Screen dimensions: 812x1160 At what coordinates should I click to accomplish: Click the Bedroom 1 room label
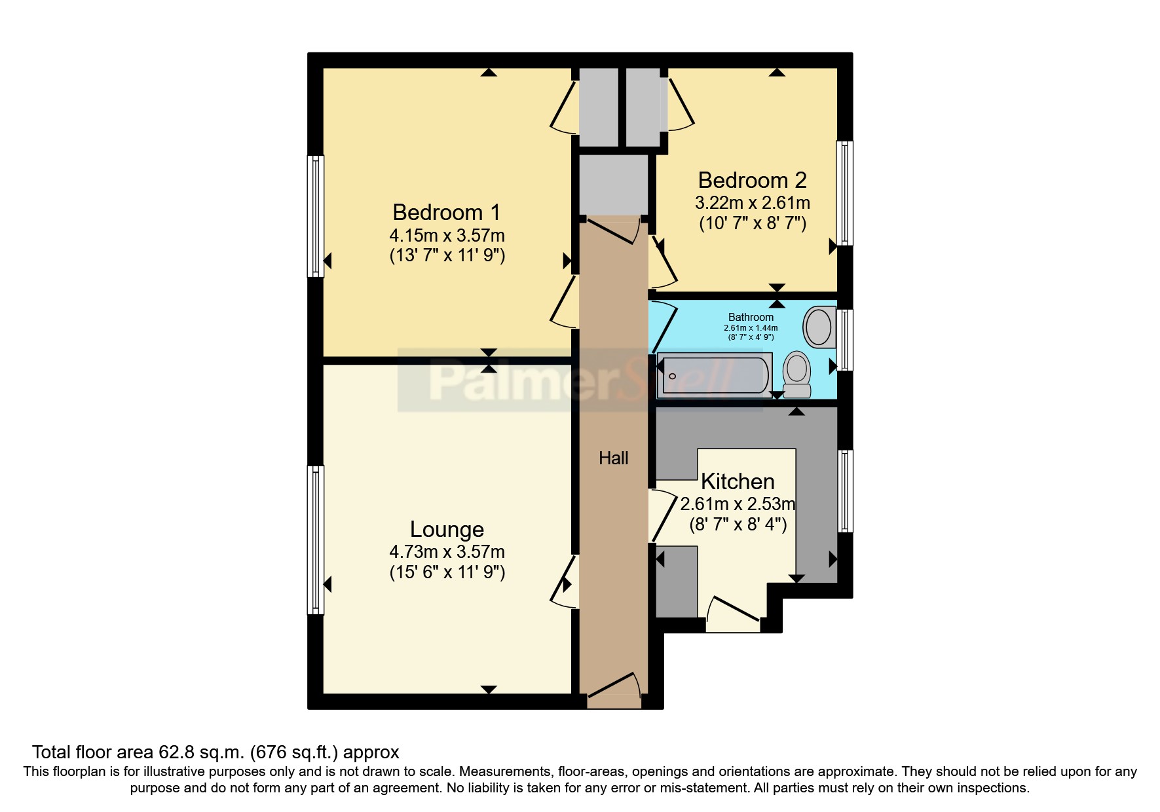click(446, 212)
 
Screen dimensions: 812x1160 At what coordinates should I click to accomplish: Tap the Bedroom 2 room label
click(752, 180)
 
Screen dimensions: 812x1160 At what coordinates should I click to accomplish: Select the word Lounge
click(447, 529)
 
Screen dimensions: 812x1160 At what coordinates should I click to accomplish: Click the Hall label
click(613, 458)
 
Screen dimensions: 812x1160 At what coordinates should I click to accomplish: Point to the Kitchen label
click(738, 482)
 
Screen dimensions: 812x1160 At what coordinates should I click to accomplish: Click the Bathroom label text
click(751, 317)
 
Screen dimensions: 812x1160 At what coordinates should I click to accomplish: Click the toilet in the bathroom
click(797, 375)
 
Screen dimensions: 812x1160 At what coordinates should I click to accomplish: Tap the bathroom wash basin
click(818, 327)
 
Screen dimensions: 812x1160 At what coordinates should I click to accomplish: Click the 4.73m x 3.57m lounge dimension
click(447, 552)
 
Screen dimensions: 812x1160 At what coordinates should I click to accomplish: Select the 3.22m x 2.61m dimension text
click(752, 203)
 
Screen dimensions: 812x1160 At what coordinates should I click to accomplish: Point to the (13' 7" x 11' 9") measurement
click(447, 255)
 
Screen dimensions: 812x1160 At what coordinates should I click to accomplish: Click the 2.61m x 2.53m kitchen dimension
click(738, 504)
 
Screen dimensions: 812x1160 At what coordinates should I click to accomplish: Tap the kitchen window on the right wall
click(846, 490)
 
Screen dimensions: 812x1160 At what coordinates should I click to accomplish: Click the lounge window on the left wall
click(316, 540)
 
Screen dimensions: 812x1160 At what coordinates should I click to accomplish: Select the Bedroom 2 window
click(846, 193)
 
